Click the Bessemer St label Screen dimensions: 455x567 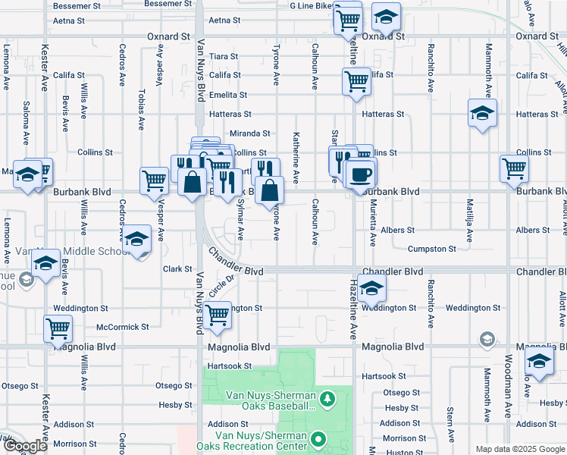pyautogui.click(x=77, y=5)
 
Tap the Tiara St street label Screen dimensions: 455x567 pyautogui.click(x=224, y=56)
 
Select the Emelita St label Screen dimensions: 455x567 pyautogui.click(x=228, y=95)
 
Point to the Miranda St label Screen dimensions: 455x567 pyautogui.click(x=250, y=133)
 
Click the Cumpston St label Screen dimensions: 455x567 pyautogui.click(x=431, y=249)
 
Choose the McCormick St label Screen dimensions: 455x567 pyautogui.click(x=123, y=327)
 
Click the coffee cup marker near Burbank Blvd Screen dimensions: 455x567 pyautogui.click(x=360, y=174)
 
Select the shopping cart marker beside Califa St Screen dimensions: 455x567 pyautogui.click(x=356, y=82)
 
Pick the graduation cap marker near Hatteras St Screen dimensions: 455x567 pyautogui.click(x=482, y=113)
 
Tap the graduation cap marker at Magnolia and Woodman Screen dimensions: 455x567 pyautogui.click(x=539, y=361)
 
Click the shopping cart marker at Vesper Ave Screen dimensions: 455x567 pyautogui.click(x=154, y=180)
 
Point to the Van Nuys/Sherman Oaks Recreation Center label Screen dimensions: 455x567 pyautogui.click(x=261, y=440)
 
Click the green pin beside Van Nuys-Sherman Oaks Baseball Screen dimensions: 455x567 pyautogui.click(x=327, y=398)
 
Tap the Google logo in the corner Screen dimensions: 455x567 pyautogui.click(x=25, y=446)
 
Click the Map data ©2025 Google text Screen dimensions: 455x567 pyautogui.click(x=520, y=449)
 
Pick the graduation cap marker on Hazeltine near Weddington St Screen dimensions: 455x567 pyautogui.click(x=371, y=287)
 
